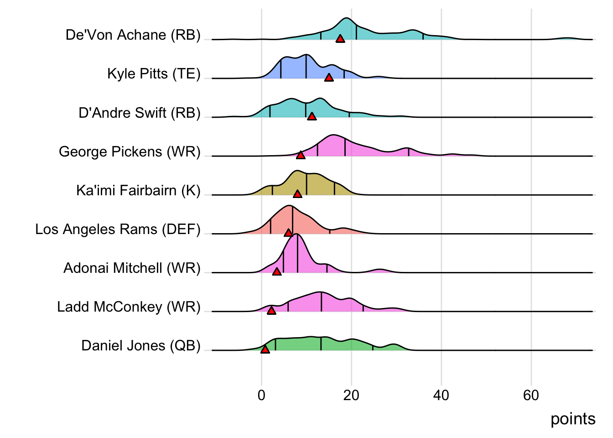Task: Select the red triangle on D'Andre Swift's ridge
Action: (312, 117)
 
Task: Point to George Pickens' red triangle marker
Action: (301, 156)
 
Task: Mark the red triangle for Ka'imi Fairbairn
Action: (297, 194)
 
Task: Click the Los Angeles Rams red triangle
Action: (288, 233)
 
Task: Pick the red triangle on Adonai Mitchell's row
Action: (277, 272)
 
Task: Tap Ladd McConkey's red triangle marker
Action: (271, 311)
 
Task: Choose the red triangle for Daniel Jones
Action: (265, 349)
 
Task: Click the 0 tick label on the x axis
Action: (261, 395)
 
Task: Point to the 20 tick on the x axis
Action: (351, 395)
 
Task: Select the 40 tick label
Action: (441, 395)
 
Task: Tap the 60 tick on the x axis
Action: (531, 395)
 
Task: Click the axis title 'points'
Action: (573, 419)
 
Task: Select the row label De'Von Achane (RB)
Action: (133, 35)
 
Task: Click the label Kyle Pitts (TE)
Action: (154, 74)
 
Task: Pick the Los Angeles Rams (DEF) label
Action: (118, 229)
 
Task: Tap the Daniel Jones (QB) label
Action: (141, 346)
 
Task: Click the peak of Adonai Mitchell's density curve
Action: (296, 234)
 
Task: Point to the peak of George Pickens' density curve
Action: (334, 135)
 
